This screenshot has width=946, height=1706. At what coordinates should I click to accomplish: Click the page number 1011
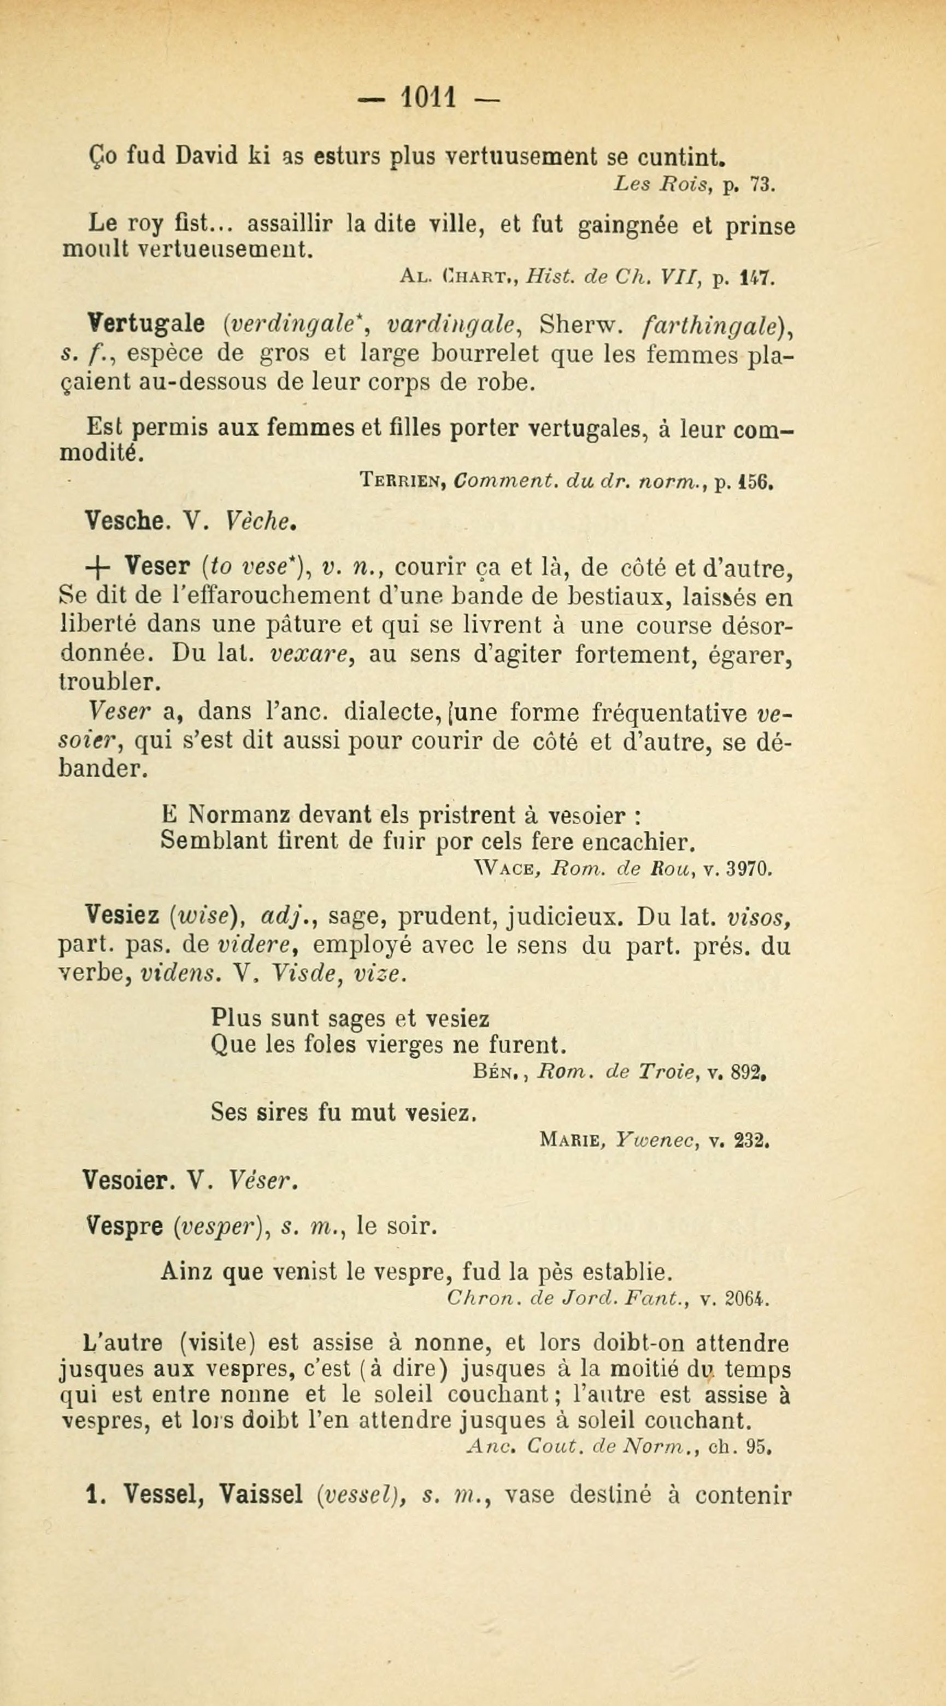coord(428,99)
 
